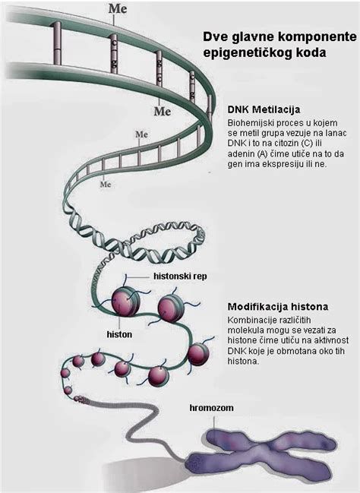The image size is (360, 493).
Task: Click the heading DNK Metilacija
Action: pyautogui.click(x=264, y=109)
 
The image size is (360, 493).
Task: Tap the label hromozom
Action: pyautogui.click(x=211, y=408)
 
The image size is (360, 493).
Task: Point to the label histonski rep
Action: pyautogui.click(x=180, y=277)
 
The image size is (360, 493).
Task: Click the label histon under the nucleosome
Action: pyautogui.click(x=119, y=334)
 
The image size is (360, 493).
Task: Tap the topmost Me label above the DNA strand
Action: pyautogui.click(x=118, y=8)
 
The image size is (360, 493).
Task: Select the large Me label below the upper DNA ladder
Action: pyautogui.click(x=163, y=112)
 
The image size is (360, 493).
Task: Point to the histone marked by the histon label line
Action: pyautogui.click(x=125, y=302)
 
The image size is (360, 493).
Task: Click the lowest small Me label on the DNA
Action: pyautogui.click(x=106, y=185)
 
